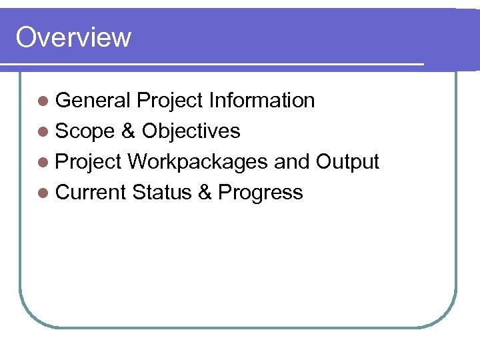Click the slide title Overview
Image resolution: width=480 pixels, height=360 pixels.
[x=73, y=37]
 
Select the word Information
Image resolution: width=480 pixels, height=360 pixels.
[x=261, y=101]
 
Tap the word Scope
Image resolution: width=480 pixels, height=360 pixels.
[x=85, y=131]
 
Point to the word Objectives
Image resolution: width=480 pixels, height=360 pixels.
[x=191, y=131]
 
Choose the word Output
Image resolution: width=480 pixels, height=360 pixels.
[x=347, y=162]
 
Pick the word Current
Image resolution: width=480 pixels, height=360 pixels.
[x=91, y=193]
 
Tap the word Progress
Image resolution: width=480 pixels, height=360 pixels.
[x=261, y=193]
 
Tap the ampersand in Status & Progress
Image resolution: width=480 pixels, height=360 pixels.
[x=205, y=193]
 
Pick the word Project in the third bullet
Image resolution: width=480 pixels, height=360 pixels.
[x=88, y=163]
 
